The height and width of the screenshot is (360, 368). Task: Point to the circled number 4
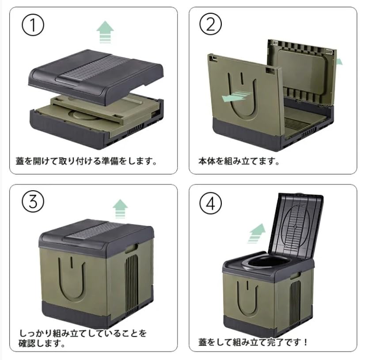[210, 203]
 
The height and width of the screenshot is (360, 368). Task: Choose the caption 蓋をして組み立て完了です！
[254, 342]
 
